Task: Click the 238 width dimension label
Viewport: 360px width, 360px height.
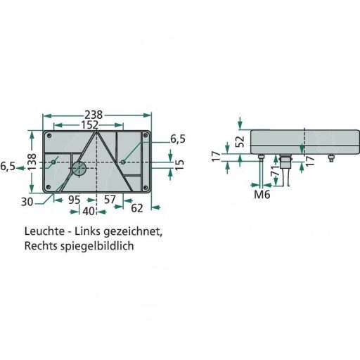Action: tap(94, 115)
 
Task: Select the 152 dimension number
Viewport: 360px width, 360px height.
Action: tap(89, 125)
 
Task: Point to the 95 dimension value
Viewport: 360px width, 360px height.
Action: tap(75, 200)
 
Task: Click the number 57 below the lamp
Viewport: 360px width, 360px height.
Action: tap(110, 200)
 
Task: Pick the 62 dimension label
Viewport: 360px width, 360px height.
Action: tap(137, 208)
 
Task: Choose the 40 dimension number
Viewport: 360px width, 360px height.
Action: tap(89, 212)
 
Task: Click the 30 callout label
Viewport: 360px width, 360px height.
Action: tap(27, 202)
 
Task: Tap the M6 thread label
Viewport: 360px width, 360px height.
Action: tap(262, 194)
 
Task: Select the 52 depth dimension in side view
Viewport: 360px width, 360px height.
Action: tap(240, 141)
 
